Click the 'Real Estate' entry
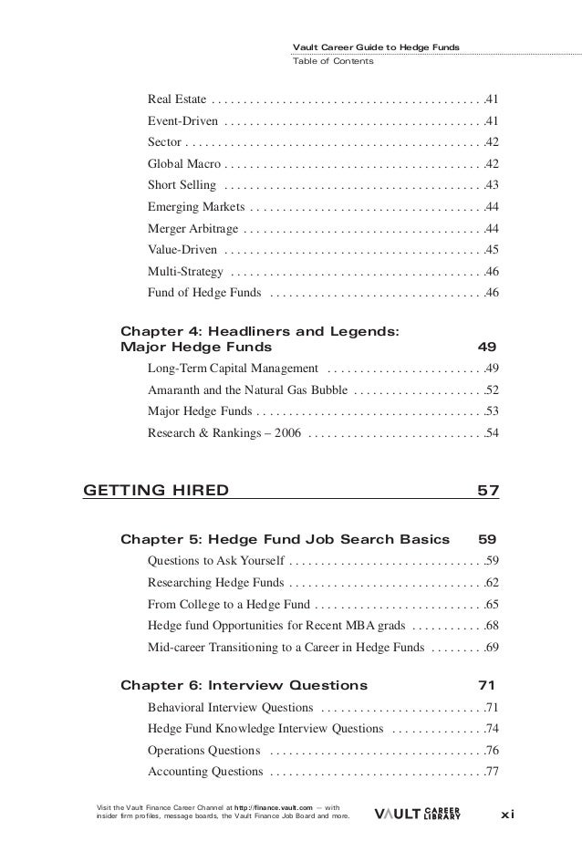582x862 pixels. tap(176, 98)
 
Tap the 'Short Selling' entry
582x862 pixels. tap(181, 185)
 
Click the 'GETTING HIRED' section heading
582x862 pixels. tap(156, 493)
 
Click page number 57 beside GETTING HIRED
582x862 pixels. tap(488, 493)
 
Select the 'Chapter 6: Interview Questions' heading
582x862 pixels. tap(244, 685)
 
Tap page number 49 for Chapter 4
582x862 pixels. tap(488, 348)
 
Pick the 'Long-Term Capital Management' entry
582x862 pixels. tap(233, 369)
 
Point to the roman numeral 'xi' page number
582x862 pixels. tap(507, 813)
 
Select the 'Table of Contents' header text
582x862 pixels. tap(331, 62)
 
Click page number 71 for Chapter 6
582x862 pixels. tap(488, 685)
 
